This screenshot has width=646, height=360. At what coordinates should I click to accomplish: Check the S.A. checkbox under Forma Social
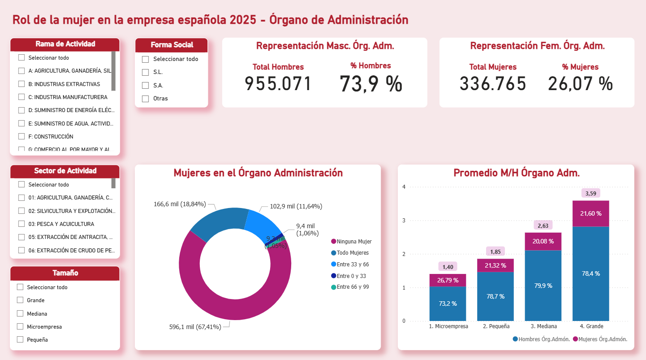click(x=145, y=86)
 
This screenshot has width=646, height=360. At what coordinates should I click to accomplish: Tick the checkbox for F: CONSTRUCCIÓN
click(x=22, y=136)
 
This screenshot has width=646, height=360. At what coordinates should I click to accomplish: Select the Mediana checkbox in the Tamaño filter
click(x=20, y=313)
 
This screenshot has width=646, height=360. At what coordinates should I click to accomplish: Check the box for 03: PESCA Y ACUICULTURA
click(x=22, y=224)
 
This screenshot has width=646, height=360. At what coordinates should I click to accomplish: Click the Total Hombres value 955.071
click(x=278, y=84)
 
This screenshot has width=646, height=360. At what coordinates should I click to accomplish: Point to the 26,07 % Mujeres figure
click(x=580, y=84)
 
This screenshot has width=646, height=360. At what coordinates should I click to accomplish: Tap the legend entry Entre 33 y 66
click(x=353, y=265)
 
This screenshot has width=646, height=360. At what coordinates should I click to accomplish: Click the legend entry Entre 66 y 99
click(x=353, y=287)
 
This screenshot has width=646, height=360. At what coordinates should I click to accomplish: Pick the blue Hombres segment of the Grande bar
click(x=590, y=273)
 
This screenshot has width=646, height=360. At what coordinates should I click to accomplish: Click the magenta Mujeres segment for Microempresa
click(x=448, y=280)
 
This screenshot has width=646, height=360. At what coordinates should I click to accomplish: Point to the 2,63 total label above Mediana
click(x=543, y=226)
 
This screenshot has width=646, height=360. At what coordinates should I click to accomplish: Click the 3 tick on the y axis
click(x=404, y=221)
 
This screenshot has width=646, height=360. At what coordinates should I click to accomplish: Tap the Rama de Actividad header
click(x=65, y=44)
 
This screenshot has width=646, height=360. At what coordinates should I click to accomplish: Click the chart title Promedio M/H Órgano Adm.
click(x=517, y=173)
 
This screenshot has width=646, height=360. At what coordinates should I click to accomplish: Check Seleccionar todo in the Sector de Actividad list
click(x=22, y=184)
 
